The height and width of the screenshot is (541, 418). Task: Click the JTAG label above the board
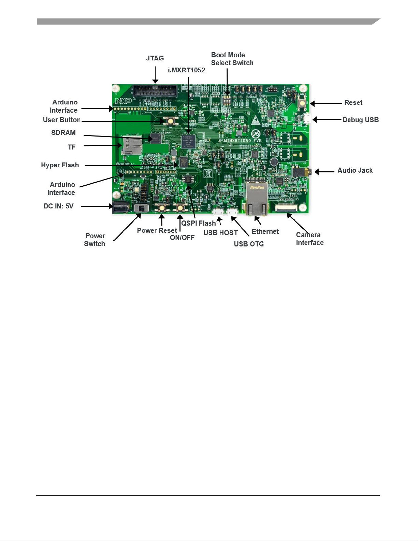(155, 58)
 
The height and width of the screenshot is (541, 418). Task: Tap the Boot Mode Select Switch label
(232, 59)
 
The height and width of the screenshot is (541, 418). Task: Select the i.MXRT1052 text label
(186, 70)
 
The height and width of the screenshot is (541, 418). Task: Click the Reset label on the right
(353, 103)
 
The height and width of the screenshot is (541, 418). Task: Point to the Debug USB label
(360, 120)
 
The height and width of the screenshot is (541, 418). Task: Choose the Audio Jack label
(355, 170)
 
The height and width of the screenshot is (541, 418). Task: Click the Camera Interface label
(309, 239)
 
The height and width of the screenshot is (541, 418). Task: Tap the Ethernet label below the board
(265, 231)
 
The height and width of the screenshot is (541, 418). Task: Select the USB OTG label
(249, 244)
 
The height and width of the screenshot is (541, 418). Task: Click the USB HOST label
(220, 233)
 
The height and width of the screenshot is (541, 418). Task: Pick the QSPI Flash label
(198, 223)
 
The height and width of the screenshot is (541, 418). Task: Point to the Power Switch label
(95, 240)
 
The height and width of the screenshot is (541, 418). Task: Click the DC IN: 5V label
(58, 206)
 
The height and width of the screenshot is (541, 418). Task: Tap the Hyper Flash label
(60, 165)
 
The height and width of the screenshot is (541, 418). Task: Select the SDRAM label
(63, 133)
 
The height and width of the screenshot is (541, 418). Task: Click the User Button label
(62, 120)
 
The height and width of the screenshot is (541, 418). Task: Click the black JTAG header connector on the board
(155, 91)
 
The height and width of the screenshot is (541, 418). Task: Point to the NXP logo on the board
(123, 101)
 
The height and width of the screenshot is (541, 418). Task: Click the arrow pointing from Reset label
(326, 103)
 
